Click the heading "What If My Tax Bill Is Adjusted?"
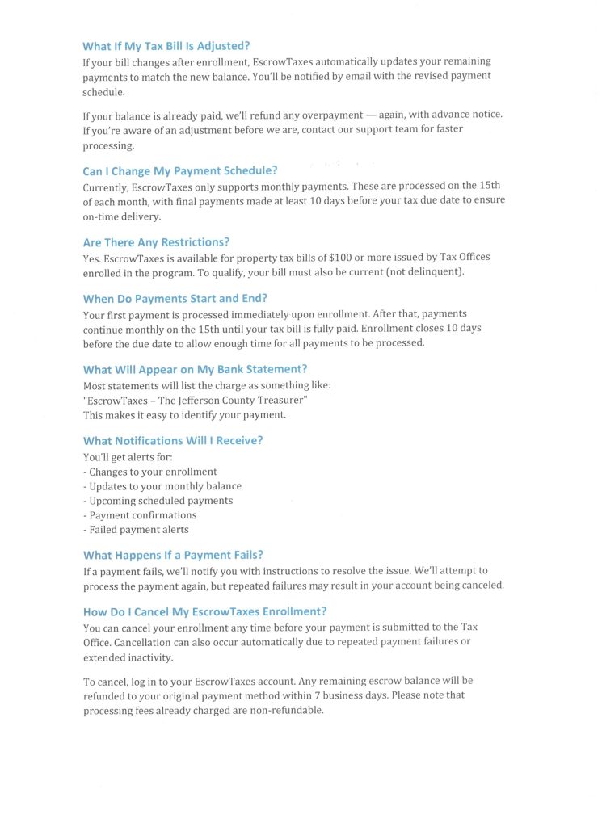[x=171, y=46]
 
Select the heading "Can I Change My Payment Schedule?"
[x=180, y=170]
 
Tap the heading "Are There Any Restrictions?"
[x=156, y=241]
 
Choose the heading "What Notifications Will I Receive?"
[x=173, y=440]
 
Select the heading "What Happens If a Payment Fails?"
[x=173, y=555]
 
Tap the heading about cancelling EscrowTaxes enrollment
[x=204, y=611]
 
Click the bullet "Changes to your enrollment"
[x=150, y=472]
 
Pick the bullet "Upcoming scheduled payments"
[x=158, y=501]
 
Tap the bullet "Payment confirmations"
[x=140, y=515]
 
